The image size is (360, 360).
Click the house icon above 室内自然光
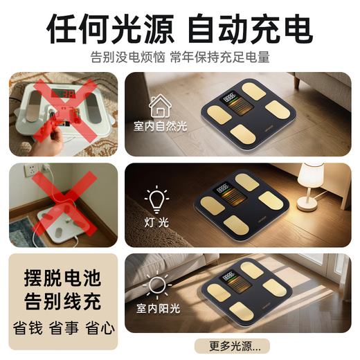click(x=160, y=106)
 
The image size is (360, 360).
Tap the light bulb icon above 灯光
click(x=156, y=199)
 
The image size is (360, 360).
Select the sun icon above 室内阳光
click(x=157, y=285)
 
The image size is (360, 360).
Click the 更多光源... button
click(x=232, y=345)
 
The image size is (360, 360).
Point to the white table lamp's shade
click(x=310, y=175)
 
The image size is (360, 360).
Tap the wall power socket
click(x=30, y=170)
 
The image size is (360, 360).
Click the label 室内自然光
click(x=160, y=126)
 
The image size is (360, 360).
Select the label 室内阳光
click(x=158, y=308)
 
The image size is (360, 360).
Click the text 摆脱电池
click(x=63, y=278)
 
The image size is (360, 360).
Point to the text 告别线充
click(x=63, y=301)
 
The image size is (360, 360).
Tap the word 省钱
click(x=28, y=327)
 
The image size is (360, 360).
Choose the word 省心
click(x=100, y=327)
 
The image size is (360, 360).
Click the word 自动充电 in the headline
click(x=250, y=28)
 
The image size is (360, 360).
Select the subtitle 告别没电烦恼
click(x=127, y=57)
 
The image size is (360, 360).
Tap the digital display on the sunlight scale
click(x=226, y=276)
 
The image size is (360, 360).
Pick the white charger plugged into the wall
click(x=46, y=168)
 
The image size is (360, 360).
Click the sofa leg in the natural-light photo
click(x=297, y=82)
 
